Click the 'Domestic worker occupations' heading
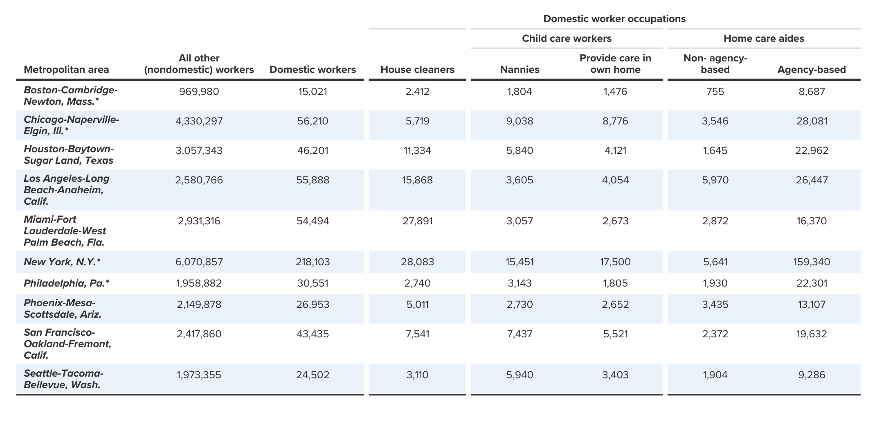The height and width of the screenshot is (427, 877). point(614,19)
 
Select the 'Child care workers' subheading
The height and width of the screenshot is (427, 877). point(567,38)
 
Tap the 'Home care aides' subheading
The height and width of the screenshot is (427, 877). point(764,38)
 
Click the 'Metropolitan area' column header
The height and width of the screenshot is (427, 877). point(66,70)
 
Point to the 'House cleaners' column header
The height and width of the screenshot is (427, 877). point(417,70)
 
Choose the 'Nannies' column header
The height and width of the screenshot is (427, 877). point(519,70)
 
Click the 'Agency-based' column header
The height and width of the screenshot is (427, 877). point(812,70)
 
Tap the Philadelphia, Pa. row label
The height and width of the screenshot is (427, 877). point(67,283)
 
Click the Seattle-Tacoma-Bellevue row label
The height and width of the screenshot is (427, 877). point(63,379)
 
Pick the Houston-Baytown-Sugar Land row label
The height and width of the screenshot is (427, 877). point(69,155)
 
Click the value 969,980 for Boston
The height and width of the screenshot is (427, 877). point(199,92)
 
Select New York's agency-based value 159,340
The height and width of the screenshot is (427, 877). point(812,262)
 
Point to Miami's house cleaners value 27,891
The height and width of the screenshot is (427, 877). point(417,221)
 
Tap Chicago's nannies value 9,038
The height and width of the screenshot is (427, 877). point(519,121)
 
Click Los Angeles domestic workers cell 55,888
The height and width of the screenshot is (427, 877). point(313,181)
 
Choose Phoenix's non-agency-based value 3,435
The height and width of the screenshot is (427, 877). point(715,305)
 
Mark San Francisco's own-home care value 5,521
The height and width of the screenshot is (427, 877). point(615,334)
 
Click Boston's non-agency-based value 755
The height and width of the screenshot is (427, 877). point(715,92)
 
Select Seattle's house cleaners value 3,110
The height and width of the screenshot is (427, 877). point(417,375)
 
